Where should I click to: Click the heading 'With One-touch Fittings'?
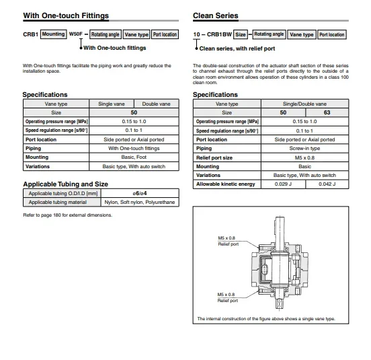pyautogui.click(x=66, y=15)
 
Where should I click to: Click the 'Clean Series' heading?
pyautogui.click(x=216, y=15)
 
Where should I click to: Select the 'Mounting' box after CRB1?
pyautogui.click(x=54, y=34)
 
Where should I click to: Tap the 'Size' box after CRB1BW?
pyautogui.click(x=241, y=34)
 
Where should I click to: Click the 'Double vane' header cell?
pyautogui.click(x=156, y=104)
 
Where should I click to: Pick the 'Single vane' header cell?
pyautogui.click(x=112, y=104)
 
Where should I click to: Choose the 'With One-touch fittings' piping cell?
pyautogui.click(x=134, y=149)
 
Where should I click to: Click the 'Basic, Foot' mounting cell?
pyautogui.click(x=134, y=157)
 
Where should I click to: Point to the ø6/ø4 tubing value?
pyautogui.click(x=140, y=193)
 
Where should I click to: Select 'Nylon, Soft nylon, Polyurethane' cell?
pyautogui.click(x=140, y=203)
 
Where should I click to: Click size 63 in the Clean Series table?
pyautogui.click(x=327, y=112)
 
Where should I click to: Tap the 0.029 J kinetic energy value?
pyautogui.click(x=283, y=184)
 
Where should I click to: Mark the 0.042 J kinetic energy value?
pyautogui.click(x=327, y=184)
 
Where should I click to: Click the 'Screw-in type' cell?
pyautogui.click(x=304, y=149)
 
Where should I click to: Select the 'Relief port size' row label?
pyautogui.click(x=214, y=157)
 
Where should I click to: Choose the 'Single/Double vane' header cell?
pyautogui.click(x=304, y=104)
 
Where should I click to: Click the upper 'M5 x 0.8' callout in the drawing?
pyautogui.click(x=226, y=238)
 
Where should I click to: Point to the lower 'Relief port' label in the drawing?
pyautogui.click(x=228, y=301)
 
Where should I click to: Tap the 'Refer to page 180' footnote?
pyautogui.click(x=67, y=215)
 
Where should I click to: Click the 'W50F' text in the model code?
pyautogui.click(x=76, y=34)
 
